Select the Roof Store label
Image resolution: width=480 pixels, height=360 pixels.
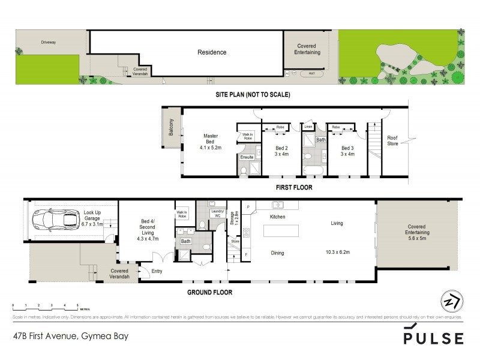pos(392,140)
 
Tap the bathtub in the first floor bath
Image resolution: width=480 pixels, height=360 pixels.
pos(313,172)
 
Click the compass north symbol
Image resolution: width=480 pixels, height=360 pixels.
pos(451,301)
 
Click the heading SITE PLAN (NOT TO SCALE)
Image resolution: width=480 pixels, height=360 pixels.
pos(253,95)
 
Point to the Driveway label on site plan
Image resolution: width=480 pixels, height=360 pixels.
pos(48,43)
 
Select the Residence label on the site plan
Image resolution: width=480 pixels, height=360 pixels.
pos(213,52)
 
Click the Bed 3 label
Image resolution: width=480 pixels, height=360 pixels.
pos(348,148)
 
